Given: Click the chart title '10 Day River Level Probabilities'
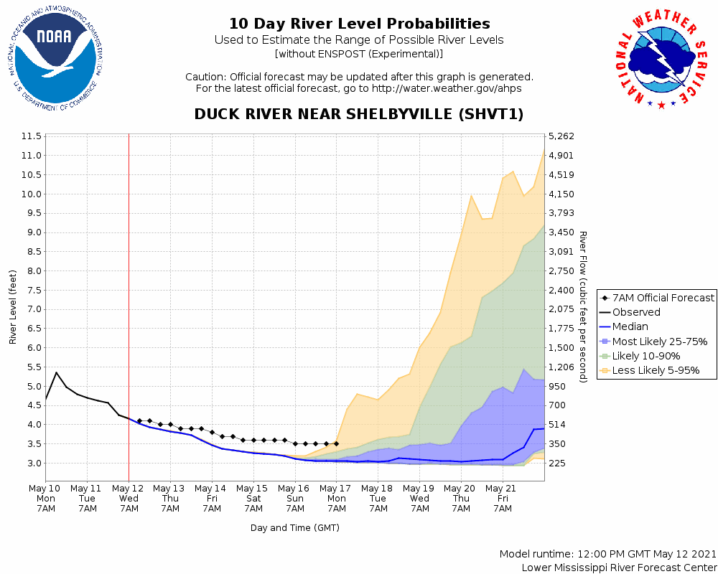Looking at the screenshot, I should [x=359, y=24].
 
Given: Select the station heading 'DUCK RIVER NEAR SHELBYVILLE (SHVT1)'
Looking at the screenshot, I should [x=359, y=115].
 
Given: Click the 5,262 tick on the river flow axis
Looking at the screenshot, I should [x=561, y=136].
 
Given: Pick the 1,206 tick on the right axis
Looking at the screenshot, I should [x=561, y=367].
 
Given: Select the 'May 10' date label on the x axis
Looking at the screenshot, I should [x=46, y=489].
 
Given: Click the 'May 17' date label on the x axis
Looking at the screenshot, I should [x=336, y=489].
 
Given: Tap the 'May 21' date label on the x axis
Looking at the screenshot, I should [x=503, y=489].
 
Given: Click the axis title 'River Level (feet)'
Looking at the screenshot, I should [x=13, y=306].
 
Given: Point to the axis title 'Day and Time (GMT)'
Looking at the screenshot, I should [x=295, y=528].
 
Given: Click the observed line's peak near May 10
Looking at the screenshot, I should [x=56, y=372].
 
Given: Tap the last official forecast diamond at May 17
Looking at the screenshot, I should [x=336, y=443].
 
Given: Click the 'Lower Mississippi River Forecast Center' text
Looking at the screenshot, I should [x=619, y=568].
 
